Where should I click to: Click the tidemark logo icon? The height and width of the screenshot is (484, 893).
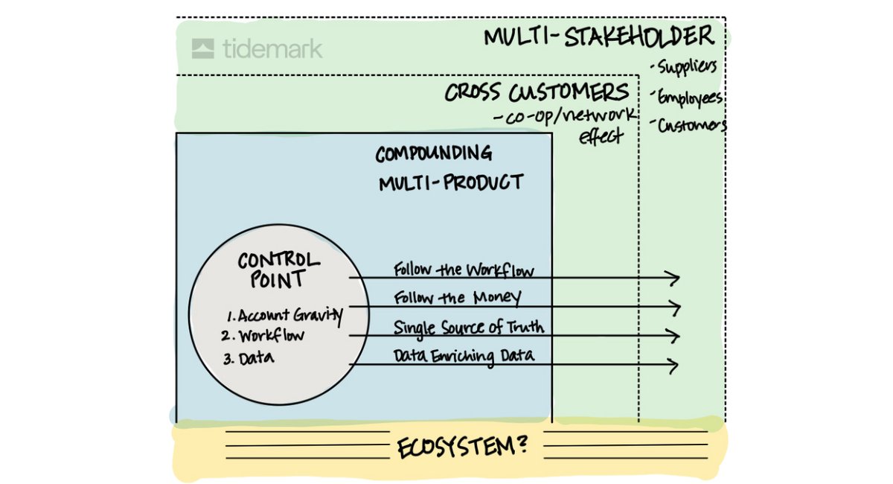coord(202,49)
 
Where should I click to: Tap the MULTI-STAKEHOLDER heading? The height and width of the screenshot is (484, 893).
coord(598,36)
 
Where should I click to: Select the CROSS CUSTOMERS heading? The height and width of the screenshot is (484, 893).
coord(537,93)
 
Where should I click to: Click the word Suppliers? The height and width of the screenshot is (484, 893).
coord(685,67)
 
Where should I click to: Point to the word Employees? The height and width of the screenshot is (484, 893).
coord(689,98)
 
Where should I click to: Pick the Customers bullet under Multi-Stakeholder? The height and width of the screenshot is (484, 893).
coord(690,125)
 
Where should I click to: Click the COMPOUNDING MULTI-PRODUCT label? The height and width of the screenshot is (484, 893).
coord(449,168)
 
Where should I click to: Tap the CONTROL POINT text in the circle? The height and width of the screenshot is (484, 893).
coord(278,270)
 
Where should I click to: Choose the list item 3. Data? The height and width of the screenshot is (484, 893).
coord(249,359)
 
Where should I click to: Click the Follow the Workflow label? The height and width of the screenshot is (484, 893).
coord(464,269)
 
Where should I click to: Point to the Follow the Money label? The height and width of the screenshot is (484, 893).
coord(457,298)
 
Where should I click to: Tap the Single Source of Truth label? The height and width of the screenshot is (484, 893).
coord(468,327)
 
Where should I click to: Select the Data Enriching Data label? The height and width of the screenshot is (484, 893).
coord(464,356)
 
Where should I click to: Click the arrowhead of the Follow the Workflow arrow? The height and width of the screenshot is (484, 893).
coord(674,278)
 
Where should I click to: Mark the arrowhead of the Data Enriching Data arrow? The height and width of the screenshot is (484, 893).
coord(673,366)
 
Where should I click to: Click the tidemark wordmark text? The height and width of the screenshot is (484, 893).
coord(272,49)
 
